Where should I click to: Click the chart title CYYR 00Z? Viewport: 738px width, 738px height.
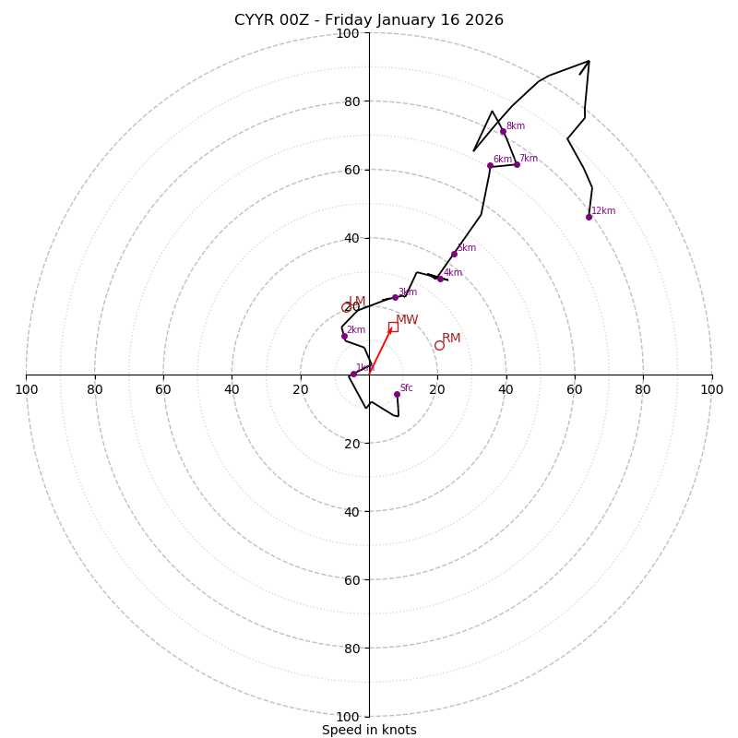coord(369,20)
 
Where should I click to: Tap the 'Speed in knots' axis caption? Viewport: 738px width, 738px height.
coord(369,730)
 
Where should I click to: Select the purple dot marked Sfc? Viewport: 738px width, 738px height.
coord(397,394)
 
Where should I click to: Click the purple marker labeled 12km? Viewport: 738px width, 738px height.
coord(589,217)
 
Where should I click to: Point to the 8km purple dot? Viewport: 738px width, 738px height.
coord(503,131)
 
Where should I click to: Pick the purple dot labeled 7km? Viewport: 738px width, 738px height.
coord(517,164)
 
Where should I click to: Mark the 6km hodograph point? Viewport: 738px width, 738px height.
coord(490,165)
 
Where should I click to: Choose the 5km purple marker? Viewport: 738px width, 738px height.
coord(454,254)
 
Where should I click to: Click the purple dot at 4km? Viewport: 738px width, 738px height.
coord(440,278)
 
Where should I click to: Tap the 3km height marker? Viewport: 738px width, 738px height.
coord(395,297)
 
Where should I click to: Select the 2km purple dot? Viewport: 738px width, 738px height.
coord(344,336)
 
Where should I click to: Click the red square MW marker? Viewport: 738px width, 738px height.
coord(393,327)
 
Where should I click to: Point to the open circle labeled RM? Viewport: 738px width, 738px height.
coord(439,345)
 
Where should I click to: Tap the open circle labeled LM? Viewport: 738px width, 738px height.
coord(347,307)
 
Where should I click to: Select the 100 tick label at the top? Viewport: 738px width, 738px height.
coord(348,33)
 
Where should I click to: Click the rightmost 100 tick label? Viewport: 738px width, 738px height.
coord(712,389)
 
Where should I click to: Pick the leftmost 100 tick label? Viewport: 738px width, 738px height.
coord(27,389)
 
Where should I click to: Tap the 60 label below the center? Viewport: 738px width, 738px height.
coord(348,579)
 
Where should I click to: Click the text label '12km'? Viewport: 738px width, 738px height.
coord(603,211)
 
